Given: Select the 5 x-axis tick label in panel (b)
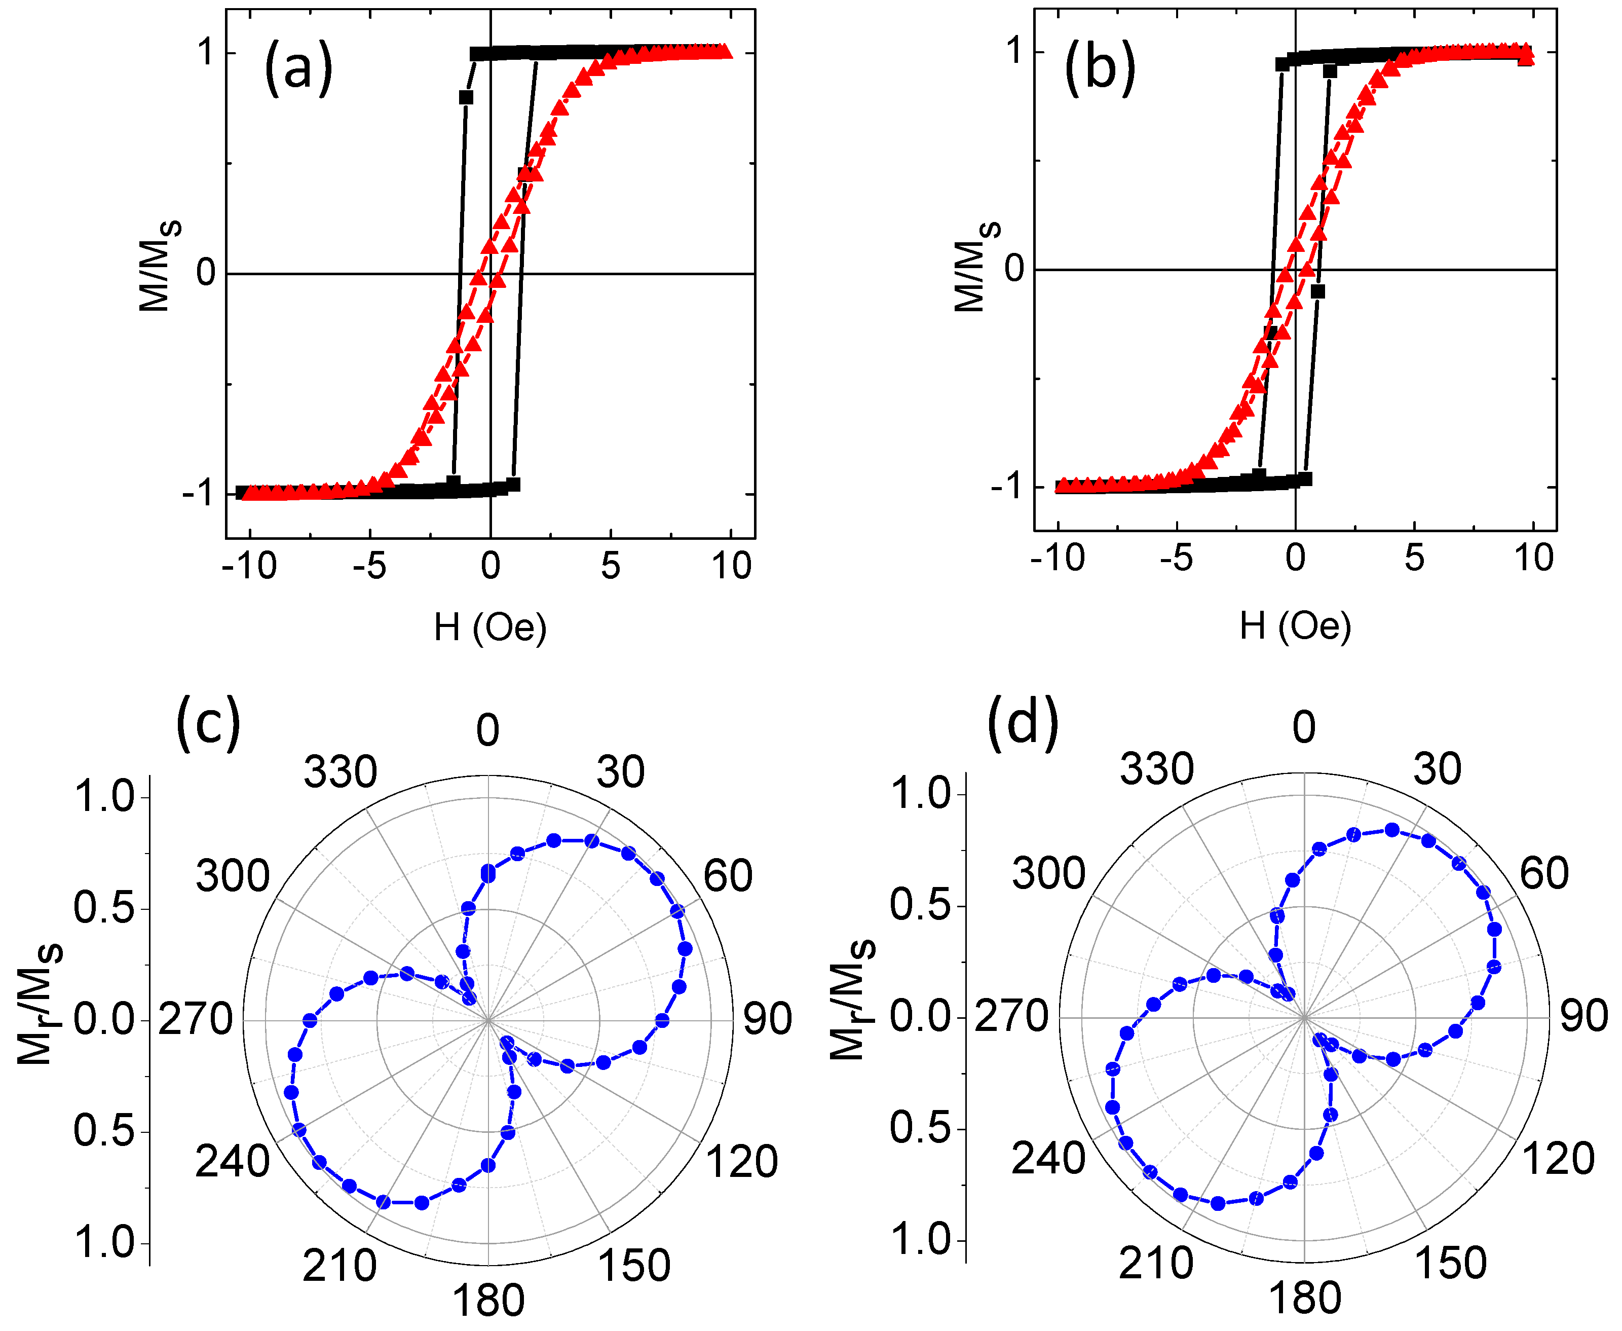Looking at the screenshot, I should [x=1414, y=558].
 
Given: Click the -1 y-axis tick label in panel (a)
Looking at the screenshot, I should [x=198, y=493].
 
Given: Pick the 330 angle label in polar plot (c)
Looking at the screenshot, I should [x=341, y=772].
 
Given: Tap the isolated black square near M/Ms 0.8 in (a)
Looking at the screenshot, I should [x=465, y=97].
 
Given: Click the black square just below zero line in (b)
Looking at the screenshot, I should [x=1317, y=291].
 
